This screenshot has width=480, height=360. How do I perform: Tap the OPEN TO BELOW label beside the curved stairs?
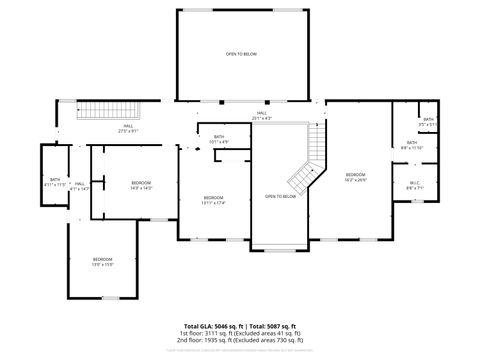(x=280, y=196)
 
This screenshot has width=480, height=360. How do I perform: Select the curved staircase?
(x=308, y=166)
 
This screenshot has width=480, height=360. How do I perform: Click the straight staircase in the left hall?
(x=106, y=111)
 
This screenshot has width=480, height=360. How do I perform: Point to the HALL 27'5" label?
(x=127, y=130)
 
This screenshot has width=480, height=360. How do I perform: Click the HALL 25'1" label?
(x=261, y=116)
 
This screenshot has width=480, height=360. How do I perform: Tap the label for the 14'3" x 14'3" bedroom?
(x=141, y=185)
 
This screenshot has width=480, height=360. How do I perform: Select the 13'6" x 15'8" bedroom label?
(x=103, y=262)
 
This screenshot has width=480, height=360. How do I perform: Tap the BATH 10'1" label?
(x=218, y=141)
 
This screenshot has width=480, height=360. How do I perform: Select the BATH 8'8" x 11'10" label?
(x=412, y=145)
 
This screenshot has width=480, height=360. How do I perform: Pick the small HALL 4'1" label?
(x=79, y=186)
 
